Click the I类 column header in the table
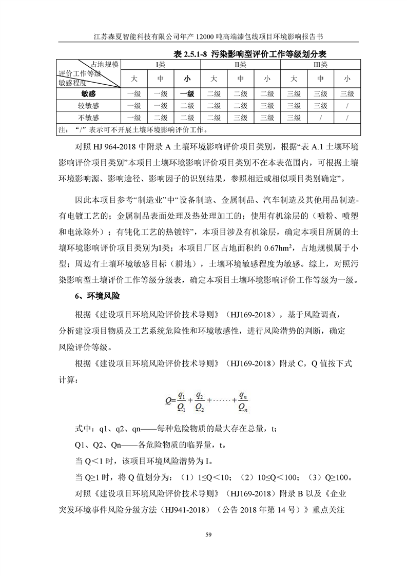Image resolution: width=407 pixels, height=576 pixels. (161, 65)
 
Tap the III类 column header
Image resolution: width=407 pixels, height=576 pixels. (320, 65)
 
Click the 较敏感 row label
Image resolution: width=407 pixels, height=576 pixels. (88, 105)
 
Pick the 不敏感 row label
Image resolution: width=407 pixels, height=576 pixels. (88, 118)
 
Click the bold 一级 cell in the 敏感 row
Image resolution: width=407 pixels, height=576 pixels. (187, 93)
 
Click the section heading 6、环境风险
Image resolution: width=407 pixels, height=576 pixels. (98, 296)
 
